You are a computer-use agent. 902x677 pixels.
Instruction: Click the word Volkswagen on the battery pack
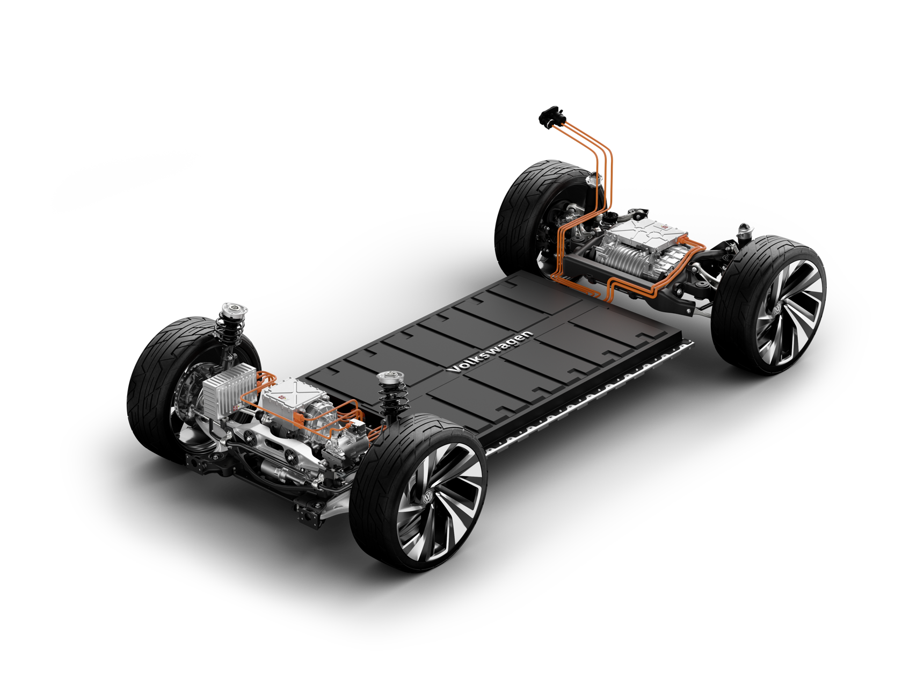(491, 351)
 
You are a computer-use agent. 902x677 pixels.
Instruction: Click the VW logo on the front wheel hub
(428, 498)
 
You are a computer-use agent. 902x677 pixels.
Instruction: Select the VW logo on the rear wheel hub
(777, 308)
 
